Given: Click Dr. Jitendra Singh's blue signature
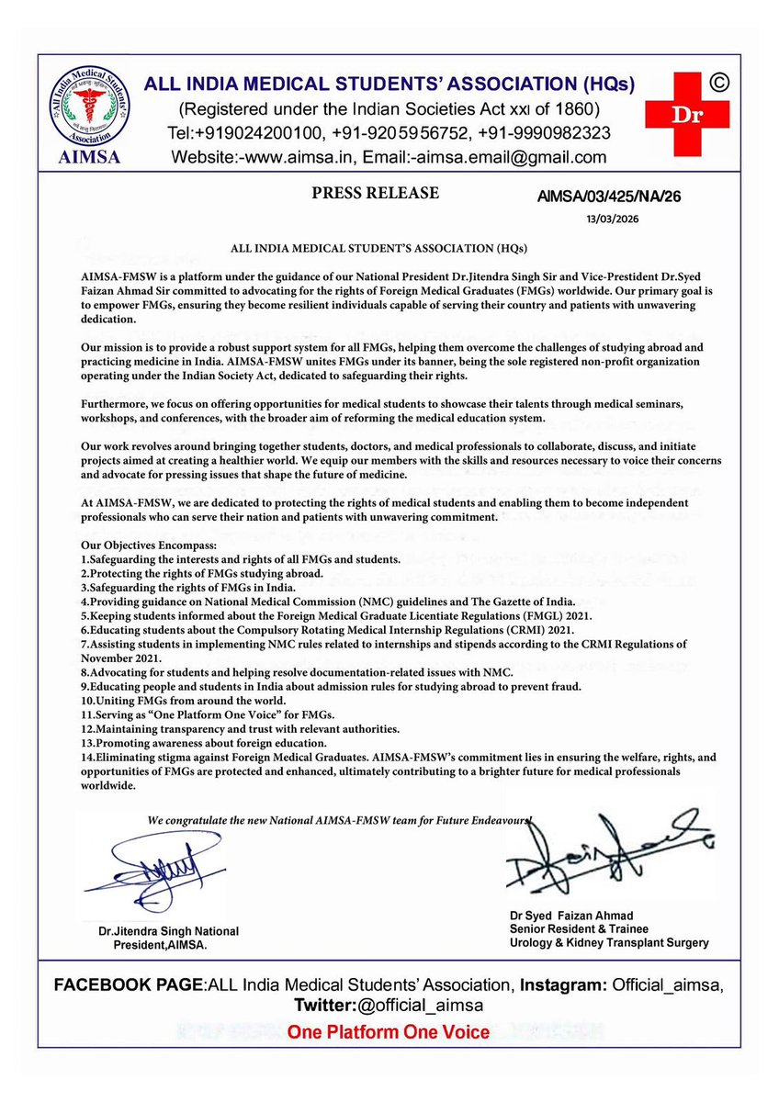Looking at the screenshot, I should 152,871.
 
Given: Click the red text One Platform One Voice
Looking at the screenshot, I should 389,1032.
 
